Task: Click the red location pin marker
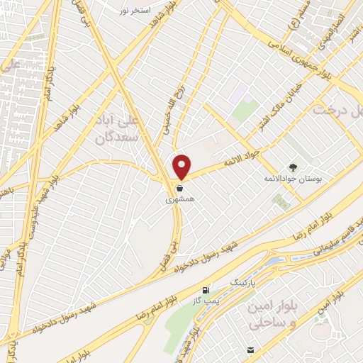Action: pyautogui.click(x=181, y=166)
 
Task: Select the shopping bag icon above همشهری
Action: pyautogui.click(x=179, y=189)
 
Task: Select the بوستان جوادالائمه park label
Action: pyautogui.click(x=294, y=179)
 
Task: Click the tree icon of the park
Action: pyautogui.click(x=294, y=166)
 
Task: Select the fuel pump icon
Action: pyautogui.click(x=206, y=290)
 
